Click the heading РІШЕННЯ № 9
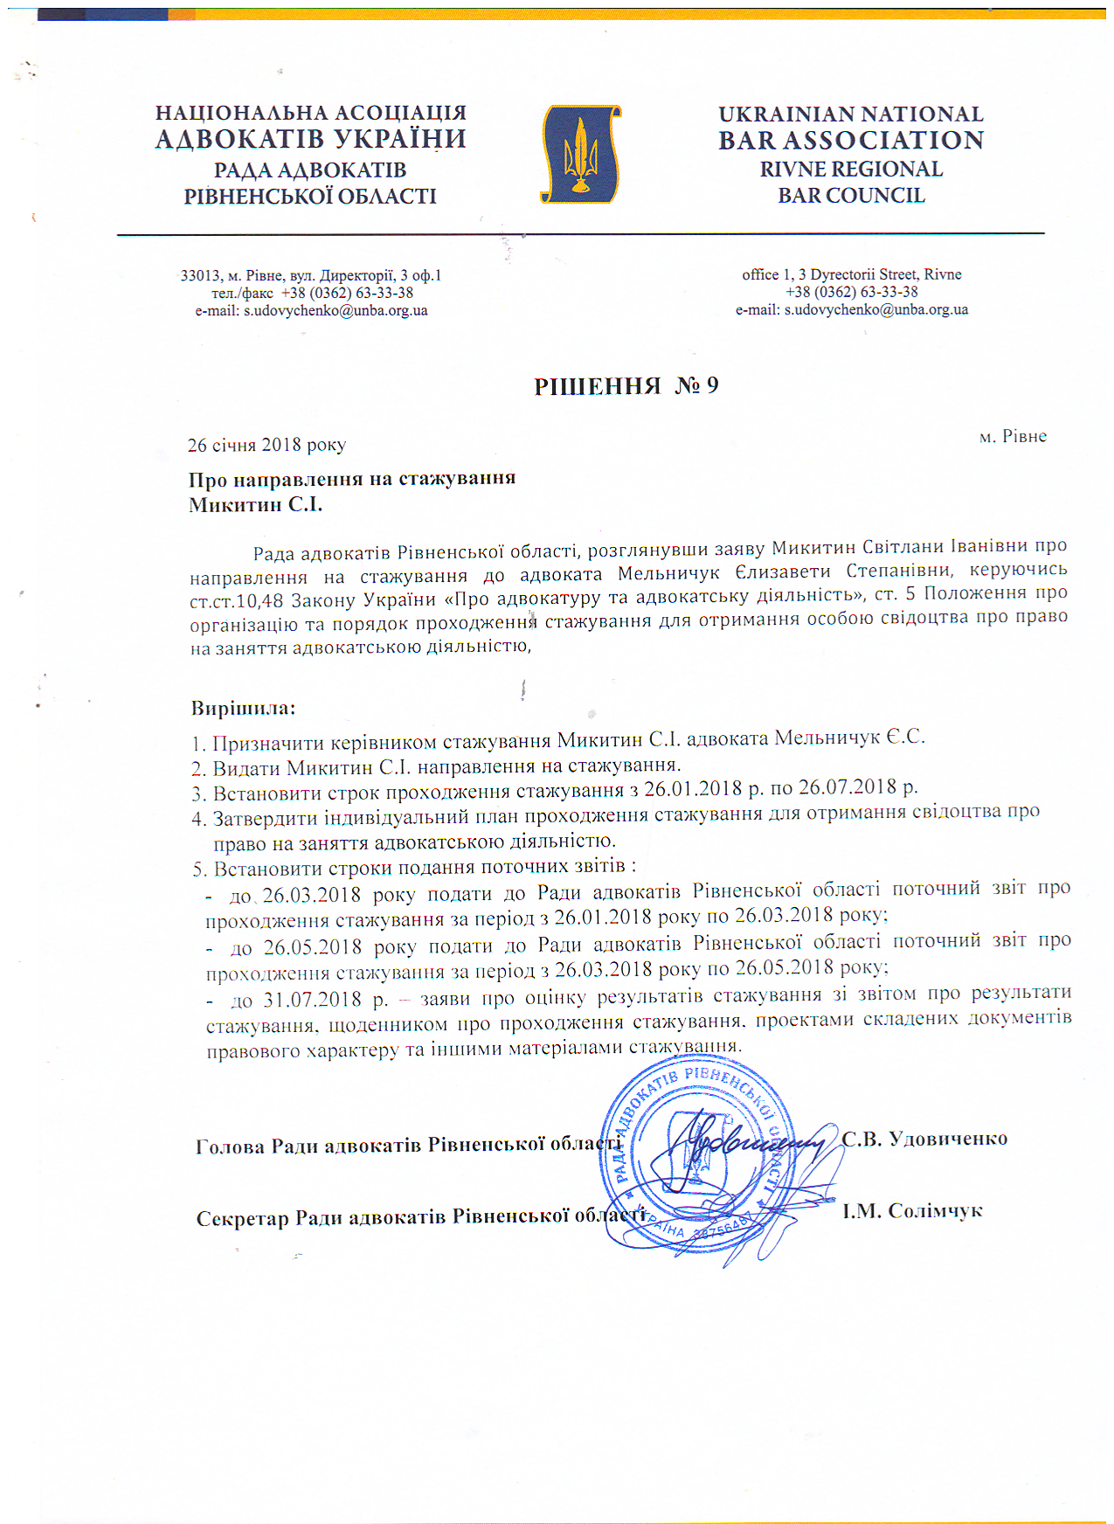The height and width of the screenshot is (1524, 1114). click(626, 386)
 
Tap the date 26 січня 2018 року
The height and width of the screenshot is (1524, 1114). click(266, 445)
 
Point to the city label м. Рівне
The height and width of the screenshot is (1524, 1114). click(1013, 436)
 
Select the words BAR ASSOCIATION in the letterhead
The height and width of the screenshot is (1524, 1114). click(851, 141)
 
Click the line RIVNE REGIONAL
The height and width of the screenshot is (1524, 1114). click(851, 169)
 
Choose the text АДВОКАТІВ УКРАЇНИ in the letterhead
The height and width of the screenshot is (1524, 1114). click(311, 140)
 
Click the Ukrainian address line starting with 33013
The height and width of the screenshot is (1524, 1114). click(311, 275)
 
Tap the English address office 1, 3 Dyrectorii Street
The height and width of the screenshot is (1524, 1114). click(851, 274)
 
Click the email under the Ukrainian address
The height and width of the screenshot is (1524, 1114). click(311, 310)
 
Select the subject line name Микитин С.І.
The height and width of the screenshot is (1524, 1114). click(255, 504)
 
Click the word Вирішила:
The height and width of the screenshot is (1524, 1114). click(243, 708)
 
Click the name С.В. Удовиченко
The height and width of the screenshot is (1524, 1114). click(924, 1139)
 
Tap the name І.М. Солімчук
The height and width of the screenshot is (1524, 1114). click(912, 1211)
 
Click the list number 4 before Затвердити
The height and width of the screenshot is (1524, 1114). click(197, 820)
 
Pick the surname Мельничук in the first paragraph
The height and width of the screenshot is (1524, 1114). click(668, 573)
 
